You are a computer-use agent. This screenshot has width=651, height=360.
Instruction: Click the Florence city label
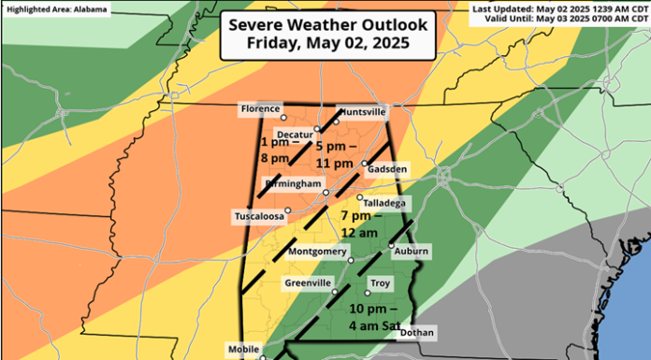(x=260, y=109)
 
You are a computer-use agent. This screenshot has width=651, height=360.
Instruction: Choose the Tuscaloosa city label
(x=257, y=217)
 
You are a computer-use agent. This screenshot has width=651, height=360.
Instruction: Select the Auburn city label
(x=411, y=251)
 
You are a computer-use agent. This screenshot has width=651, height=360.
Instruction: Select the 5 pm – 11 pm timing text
(x=333, y=154)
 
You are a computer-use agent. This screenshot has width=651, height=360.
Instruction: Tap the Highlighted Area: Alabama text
(x=56, y=9)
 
